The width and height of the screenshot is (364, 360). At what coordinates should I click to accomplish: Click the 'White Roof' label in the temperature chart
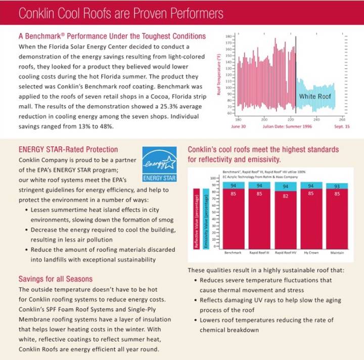(314, 96)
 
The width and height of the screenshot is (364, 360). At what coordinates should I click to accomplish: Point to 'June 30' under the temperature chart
(238, 126)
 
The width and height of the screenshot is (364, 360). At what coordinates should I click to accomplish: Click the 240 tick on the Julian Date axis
(316, 119)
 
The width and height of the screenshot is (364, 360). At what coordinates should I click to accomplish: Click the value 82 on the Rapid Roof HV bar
(286, 196)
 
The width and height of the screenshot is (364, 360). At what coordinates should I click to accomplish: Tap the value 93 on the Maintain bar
(337, 187)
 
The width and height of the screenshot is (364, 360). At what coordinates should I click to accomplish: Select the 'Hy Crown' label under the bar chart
(311, 252)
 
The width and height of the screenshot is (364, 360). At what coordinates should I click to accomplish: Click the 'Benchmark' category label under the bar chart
(233, 252)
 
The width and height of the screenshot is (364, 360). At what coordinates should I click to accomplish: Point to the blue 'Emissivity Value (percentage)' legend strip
(206, 218)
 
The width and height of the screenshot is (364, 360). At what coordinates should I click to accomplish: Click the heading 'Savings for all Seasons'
(55, 279)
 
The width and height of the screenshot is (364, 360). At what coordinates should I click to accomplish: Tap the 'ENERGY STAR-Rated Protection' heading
(68, 150)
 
